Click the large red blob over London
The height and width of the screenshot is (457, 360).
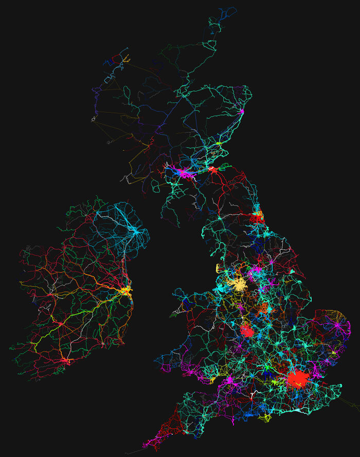[x=297, y=379]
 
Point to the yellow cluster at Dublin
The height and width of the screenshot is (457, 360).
[x=125, y=291]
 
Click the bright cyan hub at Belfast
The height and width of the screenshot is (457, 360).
[x=136, y=232]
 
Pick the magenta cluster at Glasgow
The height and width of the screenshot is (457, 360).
[x=183, y=172]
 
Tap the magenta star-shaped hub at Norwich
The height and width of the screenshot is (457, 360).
[x=336, y=324]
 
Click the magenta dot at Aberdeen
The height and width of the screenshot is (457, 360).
[x=242, y=110]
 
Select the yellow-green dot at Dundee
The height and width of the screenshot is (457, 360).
[x=218, y=143]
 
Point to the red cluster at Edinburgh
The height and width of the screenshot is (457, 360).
[x=211, y=168]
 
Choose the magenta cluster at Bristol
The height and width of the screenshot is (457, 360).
[x=229, y=380]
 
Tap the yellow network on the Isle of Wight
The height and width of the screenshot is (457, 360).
[x=265, y=418]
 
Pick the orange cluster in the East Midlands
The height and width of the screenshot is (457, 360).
[x=263, y=308]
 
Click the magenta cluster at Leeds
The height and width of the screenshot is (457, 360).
[x=254, y=269]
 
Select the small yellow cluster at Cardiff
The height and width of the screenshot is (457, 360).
[x=213, y=380]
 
